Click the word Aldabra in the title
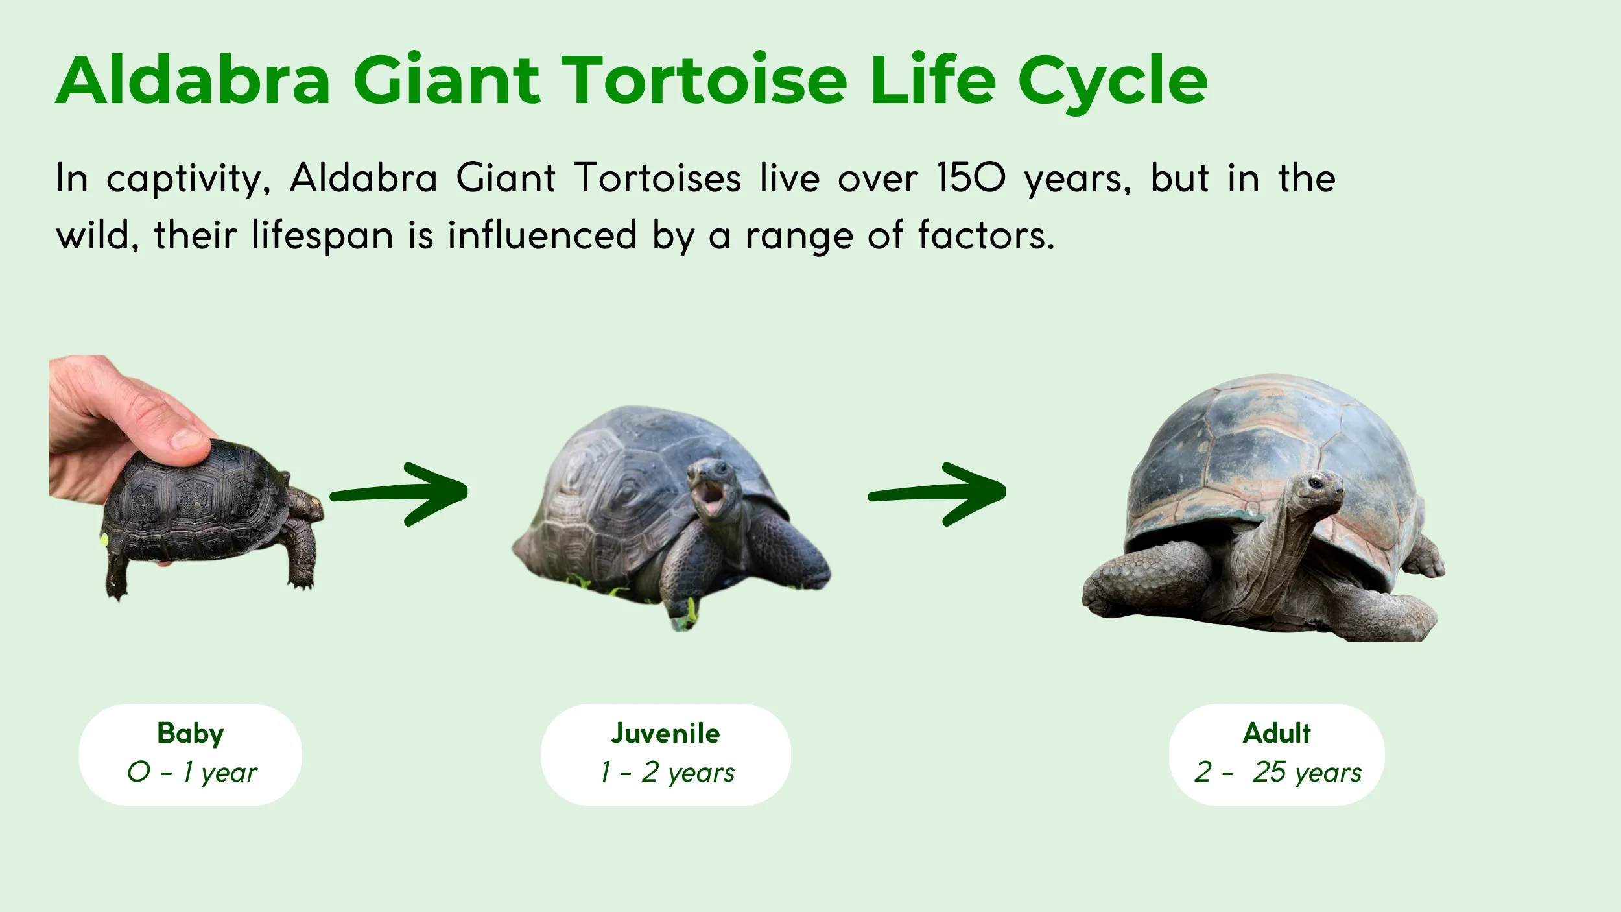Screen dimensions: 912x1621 [x=193, y=80]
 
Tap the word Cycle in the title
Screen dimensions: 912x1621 [x=1113, y=80]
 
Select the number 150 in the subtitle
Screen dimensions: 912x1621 [x=971, y=178]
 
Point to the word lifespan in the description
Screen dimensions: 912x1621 [x=322, y=236]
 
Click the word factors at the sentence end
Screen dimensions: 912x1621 [x=986, y=235]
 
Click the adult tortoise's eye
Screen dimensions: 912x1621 [x=1316, y=483]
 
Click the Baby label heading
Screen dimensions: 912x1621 [x=190, y=734]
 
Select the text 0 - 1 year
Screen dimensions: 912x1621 [x=192, y=773]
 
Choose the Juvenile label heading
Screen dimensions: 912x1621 [x=665, y=734]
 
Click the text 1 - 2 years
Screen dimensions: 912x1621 [x=667, y=773]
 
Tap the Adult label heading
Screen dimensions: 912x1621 [x=1276, y=734]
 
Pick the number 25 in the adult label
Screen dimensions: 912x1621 [x=1269, y=772]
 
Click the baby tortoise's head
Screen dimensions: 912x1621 [x=305, y=503]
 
